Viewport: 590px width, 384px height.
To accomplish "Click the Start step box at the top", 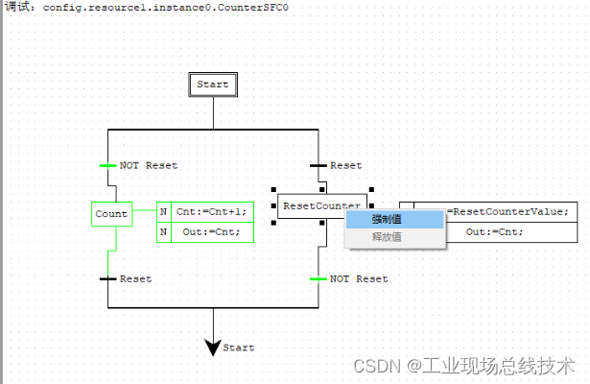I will point(212,84).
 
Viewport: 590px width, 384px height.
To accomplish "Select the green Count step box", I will point(111,214).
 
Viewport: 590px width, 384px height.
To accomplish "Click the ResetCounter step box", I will point(321,206).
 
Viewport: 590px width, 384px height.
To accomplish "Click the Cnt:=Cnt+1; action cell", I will point(211,212).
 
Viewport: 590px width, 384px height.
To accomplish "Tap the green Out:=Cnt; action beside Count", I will point(211,232).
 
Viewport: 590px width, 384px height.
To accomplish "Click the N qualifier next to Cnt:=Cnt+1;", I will point(163,212).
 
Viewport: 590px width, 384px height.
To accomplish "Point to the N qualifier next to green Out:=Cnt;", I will point(163,232).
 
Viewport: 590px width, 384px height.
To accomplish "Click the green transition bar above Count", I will point(107,165).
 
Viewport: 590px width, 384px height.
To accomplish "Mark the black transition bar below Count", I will point(107,279).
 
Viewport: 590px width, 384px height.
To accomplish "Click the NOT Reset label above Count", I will point(149,166).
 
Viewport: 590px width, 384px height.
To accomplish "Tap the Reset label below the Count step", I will point(135,279).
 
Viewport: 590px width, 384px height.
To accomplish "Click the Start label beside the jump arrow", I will point(239,348).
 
